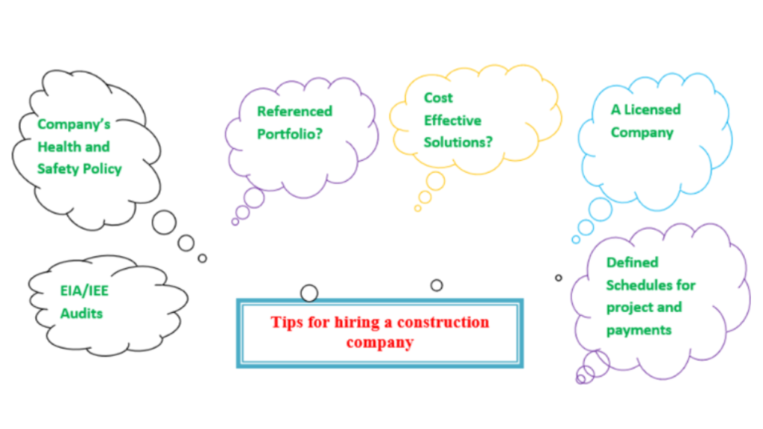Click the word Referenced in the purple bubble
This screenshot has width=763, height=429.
[x=294, y=112]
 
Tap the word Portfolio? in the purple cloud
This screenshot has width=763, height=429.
[x=290, y=134]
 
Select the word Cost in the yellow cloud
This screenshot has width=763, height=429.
[x=438, y=98]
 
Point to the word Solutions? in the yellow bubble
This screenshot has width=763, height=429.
[x=458, y=142]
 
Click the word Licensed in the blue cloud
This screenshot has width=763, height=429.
[x=652, y=109]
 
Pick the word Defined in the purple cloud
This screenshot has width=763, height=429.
[x=632, y=262]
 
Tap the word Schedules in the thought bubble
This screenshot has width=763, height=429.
[x=636, y=285]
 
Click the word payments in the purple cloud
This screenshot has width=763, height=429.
[x=639, y=330]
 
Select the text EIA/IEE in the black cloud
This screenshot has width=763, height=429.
[x=84, y=291]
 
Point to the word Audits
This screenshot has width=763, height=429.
[x=81, y=314]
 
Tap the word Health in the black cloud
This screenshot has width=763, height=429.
[x=54, y=147]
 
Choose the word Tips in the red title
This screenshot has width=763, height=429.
[x=287, y=322]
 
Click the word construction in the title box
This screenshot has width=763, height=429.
[x=443, y=322]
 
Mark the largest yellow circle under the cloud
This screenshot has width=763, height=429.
[x=435, y=181]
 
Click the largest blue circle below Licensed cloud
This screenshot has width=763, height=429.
[x=601, y=209]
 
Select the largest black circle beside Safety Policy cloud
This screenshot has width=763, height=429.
[x=164, y=222]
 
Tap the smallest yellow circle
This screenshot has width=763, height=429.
[x=417, y=209]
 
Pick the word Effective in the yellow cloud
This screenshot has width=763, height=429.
[x=452, y=120]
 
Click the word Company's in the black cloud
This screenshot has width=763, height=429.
[x=74, y=124]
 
